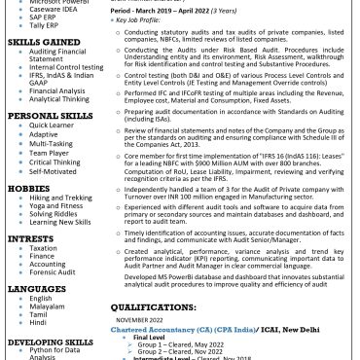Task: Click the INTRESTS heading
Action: [x=30, y=237]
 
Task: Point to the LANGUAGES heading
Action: [x=36, y=289]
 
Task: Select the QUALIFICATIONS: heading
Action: [x=160, y=306]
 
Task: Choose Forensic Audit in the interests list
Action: [x=53, y=271]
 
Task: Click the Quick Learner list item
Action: [x=51, y=125]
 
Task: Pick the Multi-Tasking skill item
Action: [x=51, y=143]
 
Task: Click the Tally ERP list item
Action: [x=45, y=25]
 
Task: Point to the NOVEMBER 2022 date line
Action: [x=140, y=319]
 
